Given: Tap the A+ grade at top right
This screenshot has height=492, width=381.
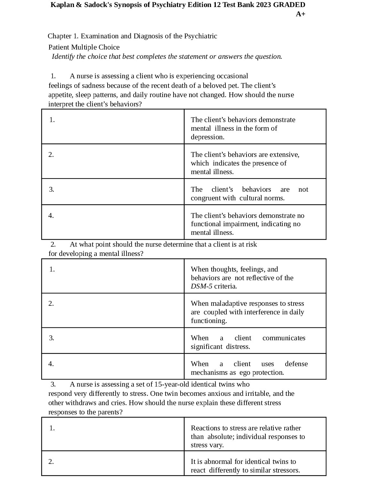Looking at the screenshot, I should [x=300, y=14].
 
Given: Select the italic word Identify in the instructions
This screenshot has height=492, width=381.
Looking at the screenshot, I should [x=63, y=57].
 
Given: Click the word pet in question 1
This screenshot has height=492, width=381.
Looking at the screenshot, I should [x=232, y=86].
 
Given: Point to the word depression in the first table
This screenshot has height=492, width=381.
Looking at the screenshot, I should [x=207, y=137].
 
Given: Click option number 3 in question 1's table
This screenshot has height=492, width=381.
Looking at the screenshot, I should [x=52, y=189].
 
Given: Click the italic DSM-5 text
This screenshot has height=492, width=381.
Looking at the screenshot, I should [x=201, y=286].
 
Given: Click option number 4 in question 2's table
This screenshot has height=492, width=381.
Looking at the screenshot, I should [x=51, y=364].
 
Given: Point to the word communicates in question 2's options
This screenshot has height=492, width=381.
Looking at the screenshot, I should [x=284, y=338].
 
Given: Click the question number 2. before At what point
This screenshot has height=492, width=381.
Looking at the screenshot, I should [x=53, y=244].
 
